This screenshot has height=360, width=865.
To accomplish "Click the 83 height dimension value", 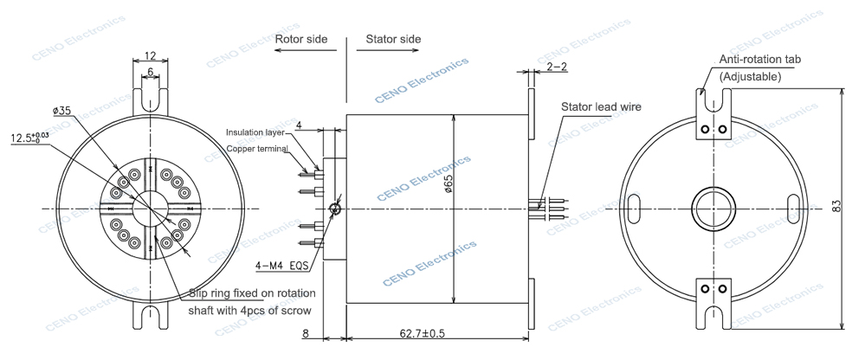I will coord(837,207).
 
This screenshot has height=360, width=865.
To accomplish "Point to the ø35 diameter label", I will coord(61,111).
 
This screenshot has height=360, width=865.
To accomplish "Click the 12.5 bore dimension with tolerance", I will coord(29,137).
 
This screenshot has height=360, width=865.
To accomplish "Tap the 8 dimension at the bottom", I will coord(306,332).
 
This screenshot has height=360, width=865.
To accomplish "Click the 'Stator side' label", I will coord(393,40).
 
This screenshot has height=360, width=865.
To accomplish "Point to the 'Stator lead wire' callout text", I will coord(600,106).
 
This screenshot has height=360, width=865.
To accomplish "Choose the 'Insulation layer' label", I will coord(255,132).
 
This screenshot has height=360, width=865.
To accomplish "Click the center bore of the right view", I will coord(712,207).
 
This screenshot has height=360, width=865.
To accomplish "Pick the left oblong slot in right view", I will coord(634,207).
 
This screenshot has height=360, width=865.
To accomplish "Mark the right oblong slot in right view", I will coord(792,207).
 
